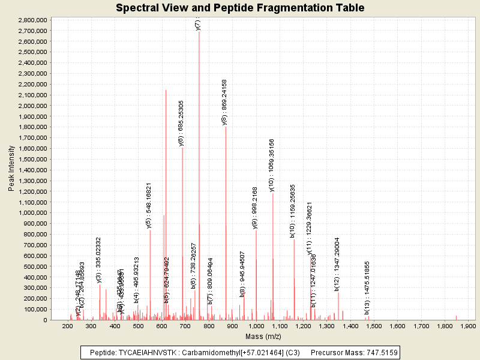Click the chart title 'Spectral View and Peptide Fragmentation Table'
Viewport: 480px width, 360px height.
point(240,8)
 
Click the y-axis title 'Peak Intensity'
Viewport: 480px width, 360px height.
point(11,170)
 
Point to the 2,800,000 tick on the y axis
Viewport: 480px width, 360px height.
point(32,20)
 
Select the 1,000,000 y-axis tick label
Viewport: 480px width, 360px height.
point(32,213)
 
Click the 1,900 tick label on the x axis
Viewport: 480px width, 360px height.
point(467,326)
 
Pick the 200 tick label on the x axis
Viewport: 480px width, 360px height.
point(67,326)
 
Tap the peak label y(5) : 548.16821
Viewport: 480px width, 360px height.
point(149,205)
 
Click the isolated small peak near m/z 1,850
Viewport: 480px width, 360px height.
point(456,317)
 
